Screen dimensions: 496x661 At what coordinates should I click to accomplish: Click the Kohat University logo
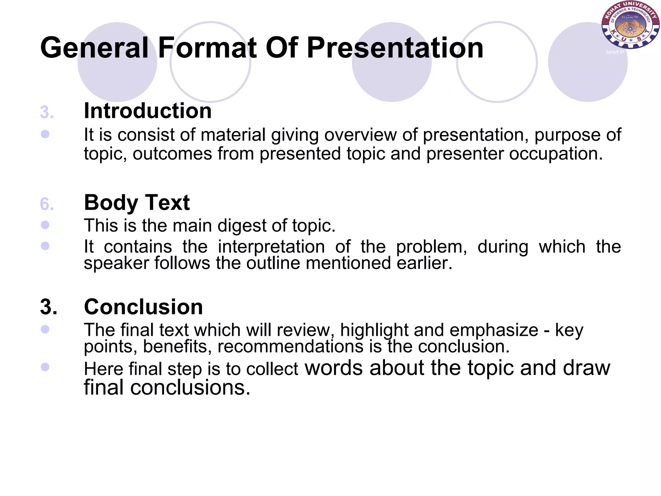tap(630, 25)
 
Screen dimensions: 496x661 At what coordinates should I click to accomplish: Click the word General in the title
tap(94, 48)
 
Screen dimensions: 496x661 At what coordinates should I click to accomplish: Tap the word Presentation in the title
tap(395, 48)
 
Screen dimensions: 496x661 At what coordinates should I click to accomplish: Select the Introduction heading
tap(147, 111)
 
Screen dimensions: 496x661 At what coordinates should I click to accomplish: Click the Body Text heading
tap(137, 202)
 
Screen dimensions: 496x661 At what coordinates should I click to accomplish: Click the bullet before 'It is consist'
tap(45, 134)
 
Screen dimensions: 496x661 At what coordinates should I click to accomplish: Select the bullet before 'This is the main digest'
tap(45, 225)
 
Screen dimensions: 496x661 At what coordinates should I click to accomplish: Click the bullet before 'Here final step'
tap(45, 367)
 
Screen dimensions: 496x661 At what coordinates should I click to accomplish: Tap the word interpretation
tap(271, 247)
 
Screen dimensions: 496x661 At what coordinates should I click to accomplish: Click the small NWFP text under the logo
tap(615, 52)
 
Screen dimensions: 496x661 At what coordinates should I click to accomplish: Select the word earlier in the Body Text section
tap(424, 263)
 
